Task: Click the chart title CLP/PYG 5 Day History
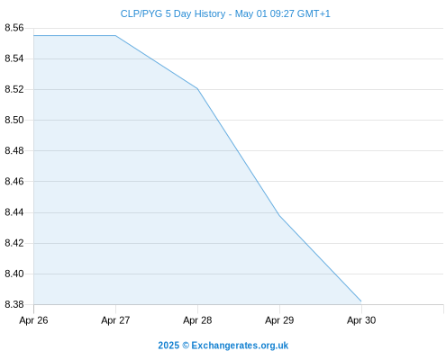click(x=173, y=13)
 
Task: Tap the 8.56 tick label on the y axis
click(x=14, y=28)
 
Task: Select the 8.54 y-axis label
click(x=14, y=58)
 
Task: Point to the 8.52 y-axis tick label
click(x=14, y=89)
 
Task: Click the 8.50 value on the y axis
click(x=14, y=120)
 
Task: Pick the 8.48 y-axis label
click(x=14, y=150)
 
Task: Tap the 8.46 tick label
click(x=14, y=182)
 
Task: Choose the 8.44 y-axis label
click(x=14, y=212)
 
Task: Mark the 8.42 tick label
click(x=14, y=243)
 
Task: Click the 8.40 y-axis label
click(x=14, y=274)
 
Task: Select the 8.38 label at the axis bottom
click(x=14, y=304)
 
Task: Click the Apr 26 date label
click(x=33, y=320)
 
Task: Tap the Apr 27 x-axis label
click(x=115, y=320)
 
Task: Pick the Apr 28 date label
click(x=197, y=320)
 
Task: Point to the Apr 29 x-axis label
click(x=279, y=320)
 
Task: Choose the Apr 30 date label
click(x=361, y=320)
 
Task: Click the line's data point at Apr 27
click(x=115, y=36)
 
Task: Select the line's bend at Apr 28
click(x=197, y=89)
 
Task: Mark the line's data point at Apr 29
click(x=279, y=215)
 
